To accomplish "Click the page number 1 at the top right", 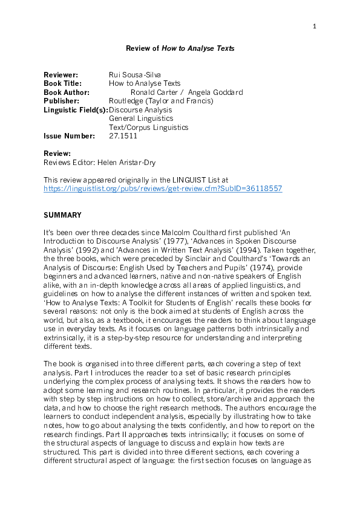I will (x=315, y=26).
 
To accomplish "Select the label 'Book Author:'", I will (x=67, y=92).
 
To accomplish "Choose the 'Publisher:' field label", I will (x=62, y=101).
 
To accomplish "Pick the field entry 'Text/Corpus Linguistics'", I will (x=148, y=128).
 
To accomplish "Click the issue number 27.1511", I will (x=123, y=136).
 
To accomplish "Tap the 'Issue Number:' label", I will (x=69, y=136).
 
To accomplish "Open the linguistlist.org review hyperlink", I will (x=163, y=189).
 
